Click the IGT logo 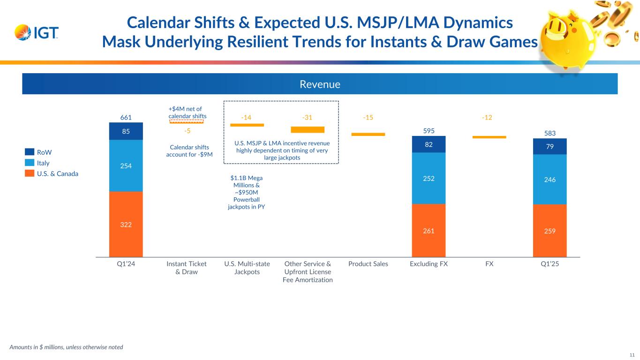[x=37, y=33]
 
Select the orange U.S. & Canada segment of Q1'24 [x=126, y=224]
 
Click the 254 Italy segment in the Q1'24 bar [x=126, y=165]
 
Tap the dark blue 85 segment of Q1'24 [x=126, y=131]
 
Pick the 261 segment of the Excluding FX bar [x=429, y=230]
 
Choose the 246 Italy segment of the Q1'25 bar [x=550, y=179]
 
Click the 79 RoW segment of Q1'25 [x=550, y=146]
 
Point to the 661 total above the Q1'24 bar [x=126, y=118]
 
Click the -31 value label [x=307, y=117]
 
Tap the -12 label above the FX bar [x=487, y=117]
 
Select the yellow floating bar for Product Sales [x=368, y=135]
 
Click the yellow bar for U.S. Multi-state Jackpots [x=247, y=125]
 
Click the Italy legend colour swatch [x=30, y=163]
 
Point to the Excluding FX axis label [x=429, y=264]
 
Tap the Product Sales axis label [x=368, y=264]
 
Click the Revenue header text [x=320, y=84]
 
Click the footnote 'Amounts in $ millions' [x=66, y=347]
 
